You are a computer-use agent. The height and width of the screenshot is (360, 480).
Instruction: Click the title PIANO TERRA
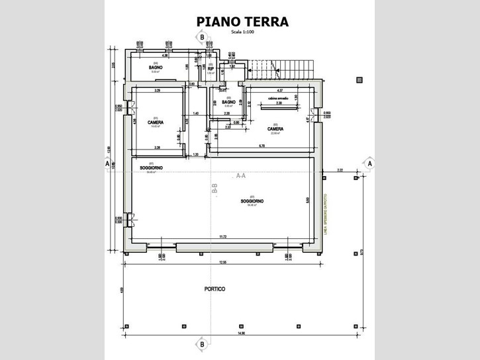pos(242,21)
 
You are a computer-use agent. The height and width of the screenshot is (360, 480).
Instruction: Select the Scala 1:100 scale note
pos(242,32)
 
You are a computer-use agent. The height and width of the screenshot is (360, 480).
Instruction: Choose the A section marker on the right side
pos(369,162)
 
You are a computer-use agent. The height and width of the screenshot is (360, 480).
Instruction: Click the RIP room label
pos(211,68)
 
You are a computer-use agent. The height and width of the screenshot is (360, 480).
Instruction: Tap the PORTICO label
pos(214,290)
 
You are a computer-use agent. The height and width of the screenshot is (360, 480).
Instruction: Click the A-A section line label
pos(241,176)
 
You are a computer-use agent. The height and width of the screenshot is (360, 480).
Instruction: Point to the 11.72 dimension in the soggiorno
pos(223,236)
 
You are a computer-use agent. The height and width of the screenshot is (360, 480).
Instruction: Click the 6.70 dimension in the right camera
pos(262,145)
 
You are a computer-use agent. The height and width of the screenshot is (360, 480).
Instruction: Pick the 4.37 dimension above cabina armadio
pos(280,90)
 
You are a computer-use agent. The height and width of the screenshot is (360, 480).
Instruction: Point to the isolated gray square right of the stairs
pos(359,79)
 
